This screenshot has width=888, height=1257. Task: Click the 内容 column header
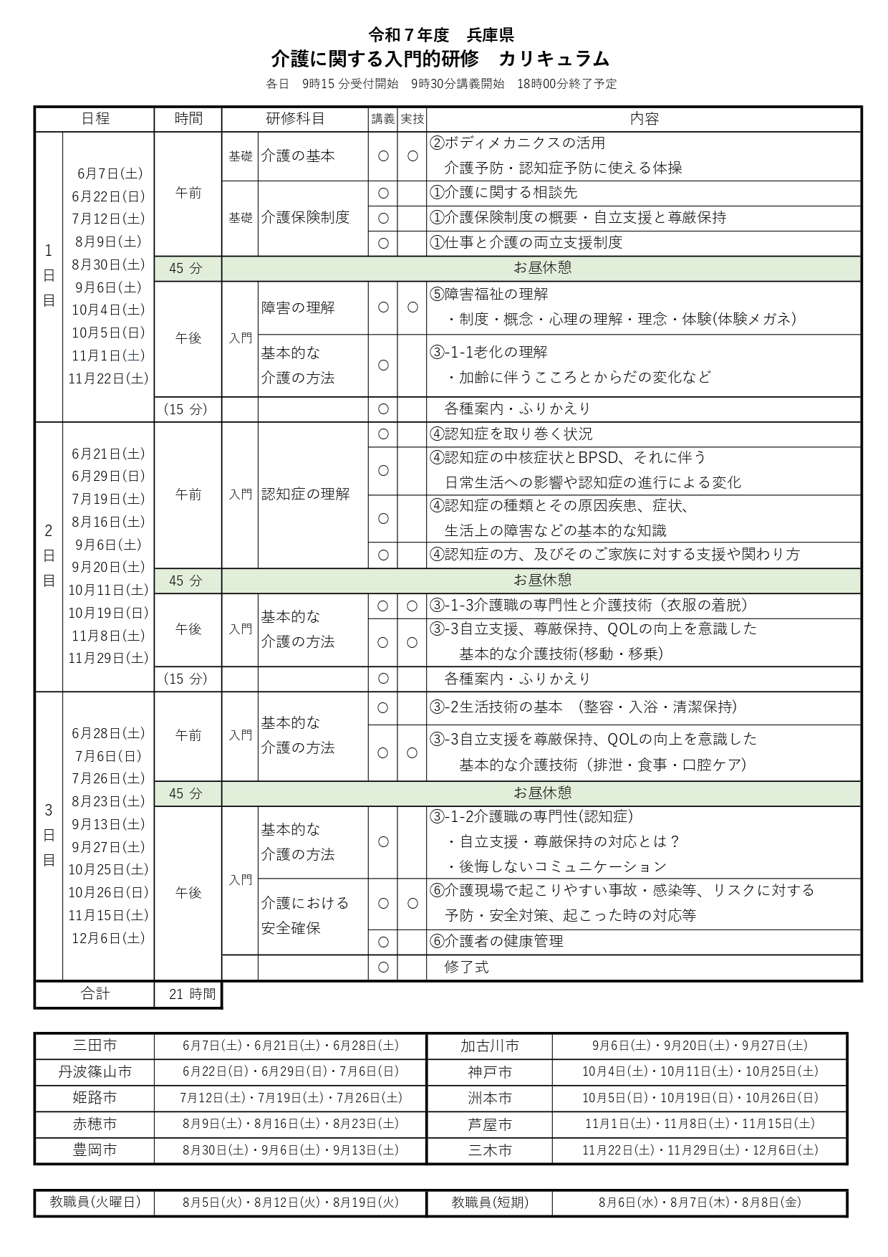pyautogui.click(x=644, y=119)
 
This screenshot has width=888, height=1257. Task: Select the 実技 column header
pyautogui.click(x=412, y=119)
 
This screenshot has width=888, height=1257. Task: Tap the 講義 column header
pyautogui.click(x=383, y=119)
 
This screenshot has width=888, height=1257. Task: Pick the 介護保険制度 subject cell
pyautogui.click(x=305, y=217)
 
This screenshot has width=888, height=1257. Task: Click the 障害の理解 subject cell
pyautogui.click(x=298, y=307)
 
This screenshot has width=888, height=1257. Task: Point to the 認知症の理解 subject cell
pyautogui.click(x=305, y=494)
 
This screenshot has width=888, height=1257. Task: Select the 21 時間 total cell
pyautogui.click(x=188, y=994)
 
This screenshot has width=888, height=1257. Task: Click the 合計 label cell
pyautogui.click(x=95, y=994)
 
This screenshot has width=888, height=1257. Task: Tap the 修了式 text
pyautogui.click(x=466, y=967)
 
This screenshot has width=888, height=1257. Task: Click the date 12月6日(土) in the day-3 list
pyautogui.click(x=108, y=938)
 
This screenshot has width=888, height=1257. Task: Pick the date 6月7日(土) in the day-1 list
pyautogui.click(x=110, y=173)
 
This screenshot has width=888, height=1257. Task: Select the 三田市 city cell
pyautogui.click(x=95, y=1046)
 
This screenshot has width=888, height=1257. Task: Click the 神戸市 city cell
pyautogui.click(x=490, y=1072)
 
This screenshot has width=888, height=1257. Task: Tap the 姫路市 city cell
pyautogui.click(x=95, y=1098)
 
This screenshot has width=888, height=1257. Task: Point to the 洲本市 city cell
pyautogui.click(x=490, y=1098)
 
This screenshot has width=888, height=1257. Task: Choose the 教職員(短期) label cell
pyautogui.click(x=490, y=1202)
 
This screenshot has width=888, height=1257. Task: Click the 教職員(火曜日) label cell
pyautogui.click(x=95, y=1202)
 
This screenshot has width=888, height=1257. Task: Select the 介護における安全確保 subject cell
pyautogui.click(x=305, y=915)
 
